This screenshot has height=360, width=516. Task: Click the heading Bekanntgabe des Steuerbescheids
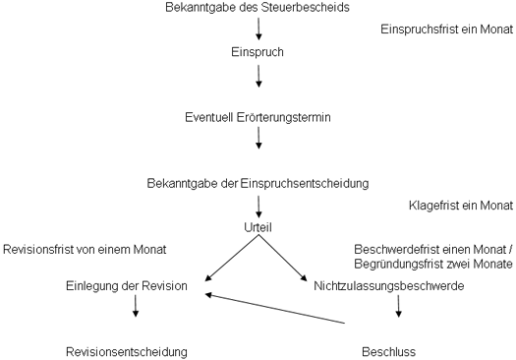pyautogui.click(x=258, y=9)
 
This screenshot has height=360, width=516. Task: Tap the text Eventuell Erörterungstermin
pyautogui.click(x=258, y=117)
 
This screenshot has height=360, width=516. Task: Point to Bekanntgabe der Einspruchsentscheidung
pyautogui.click(x=258, y=183)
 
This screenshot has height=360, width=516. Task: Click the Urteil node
pyautogui.click(x=258, y=227)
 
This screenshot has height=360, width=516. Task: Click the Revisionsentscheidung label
pyautogui.click(x=126, y=351)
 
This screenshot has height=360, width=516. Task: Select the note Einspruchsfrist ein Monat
pyautogui.click(x=446, y=30)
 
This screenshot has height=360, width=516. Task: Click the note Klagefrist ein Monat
pyautogui.click(x=460, y=206)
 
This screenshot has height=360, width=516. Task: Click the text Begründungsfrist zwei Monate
pyautogui.click(x=436, y=265)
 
